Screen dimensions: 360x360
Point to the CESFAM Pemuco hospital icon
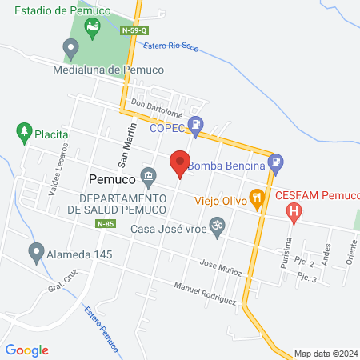point(294,211)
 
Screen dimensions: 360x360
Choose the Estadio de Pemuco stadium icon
point(93,30)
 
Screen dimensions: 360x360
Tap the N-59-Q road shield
point(134,30)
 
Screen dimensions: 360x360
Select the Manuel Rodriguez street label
point(206,294)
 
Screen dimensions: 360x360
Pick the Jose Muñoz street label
point(221,268)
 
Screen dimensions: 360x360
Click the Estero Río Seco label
point(171,47)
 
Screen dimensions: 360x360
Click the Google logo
point(27,350)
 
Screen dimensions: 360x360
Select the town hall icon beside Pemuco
point(148,175)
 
